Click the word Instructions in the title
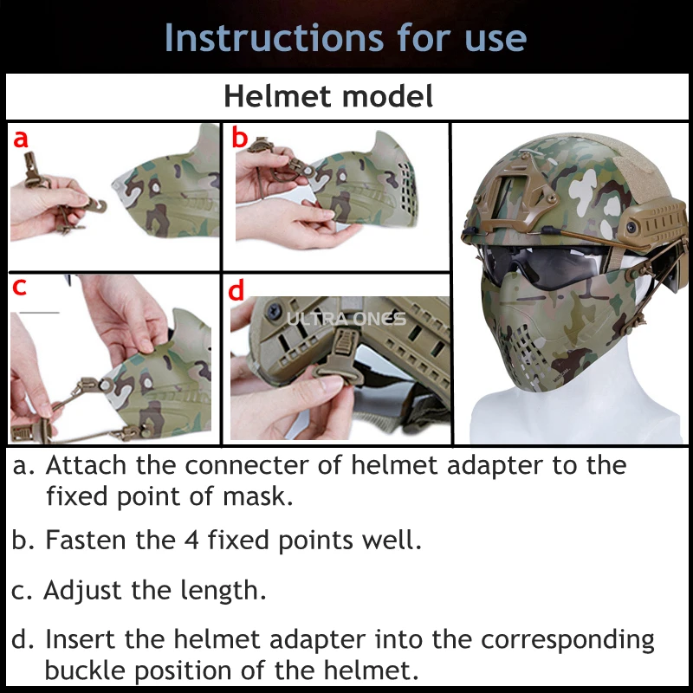[x=274, y=37]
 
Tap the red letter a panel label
[x=21, y=139]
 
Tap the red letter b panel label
[x=240, y=137]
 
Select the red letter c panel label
[x=19, y=288]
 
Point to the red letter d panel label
[x=236, y=290]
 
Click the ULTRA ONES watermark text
[x=346, y=319]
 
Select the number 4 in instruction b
[x=191, y=540]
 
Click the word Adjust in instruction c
[x=82, y=592]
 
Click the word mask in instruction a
[x=257, y=496]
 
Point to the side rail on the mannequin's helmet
[x=654, y=223]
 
